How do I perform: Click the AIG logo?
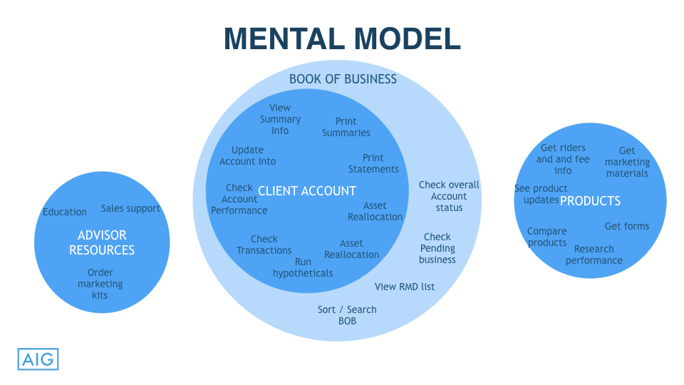click(x=37, y=359)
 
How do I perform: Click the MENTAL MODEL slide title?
click(x=342, y=38)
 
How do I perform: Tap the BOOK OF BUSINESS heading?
click(x=343, y=79)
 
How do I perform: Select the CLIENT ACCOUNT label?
click(x=306, y=191)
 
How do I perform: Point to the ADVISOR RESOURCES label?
click(x=102, y=242)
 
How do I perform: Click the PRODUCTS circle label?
click(x=590, y=201)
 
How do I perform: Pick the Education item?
click(x=65, y=212)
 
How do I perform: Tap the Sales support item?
click(x=130, y=208)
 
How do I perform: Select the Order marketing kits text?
click(x=100, y=284)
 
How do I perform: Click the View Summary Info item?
click(x=280, y=119)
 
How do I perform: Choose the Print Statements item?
click(x=373, y=163)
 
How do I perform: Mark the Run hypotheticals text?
click(x=303, y=267)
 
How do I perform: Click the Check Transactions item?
click(x=264, y=245)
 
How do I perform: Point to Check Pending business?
click(x=437, y=248)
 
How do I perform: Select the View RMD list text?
click(x=405, y=287)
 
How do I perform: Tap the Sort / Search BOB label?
click(x=347, y=315)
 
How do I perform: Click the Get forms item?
click(x=627, y=226)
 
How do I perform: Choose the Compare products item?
click(x=547, y=237)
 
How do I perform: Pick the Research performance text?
click(x=594, y=255)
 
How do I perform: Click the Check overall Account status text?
click(x=449, y=196)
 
